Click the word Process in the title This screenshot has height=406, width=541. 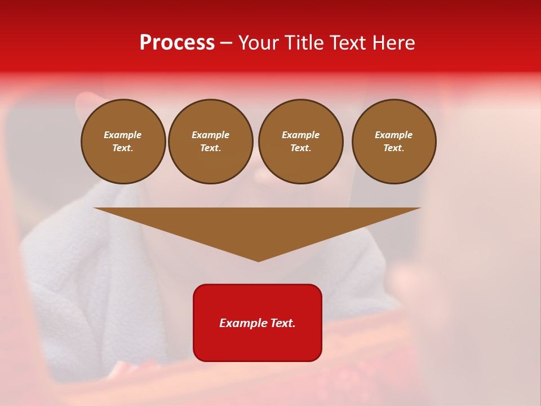(177, 43)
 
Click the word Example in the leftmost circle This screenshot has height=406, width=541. (123, 135)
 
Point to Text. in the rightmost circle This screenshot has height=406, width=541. (394, 148)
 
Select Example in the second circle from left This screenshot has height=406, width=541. (211, 135)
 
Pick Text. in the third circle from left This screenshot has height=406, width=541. (301, 148)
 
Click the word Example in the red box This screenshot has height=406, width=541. (241, 323)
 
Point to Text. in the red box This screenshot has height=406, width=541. (281, 323)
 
